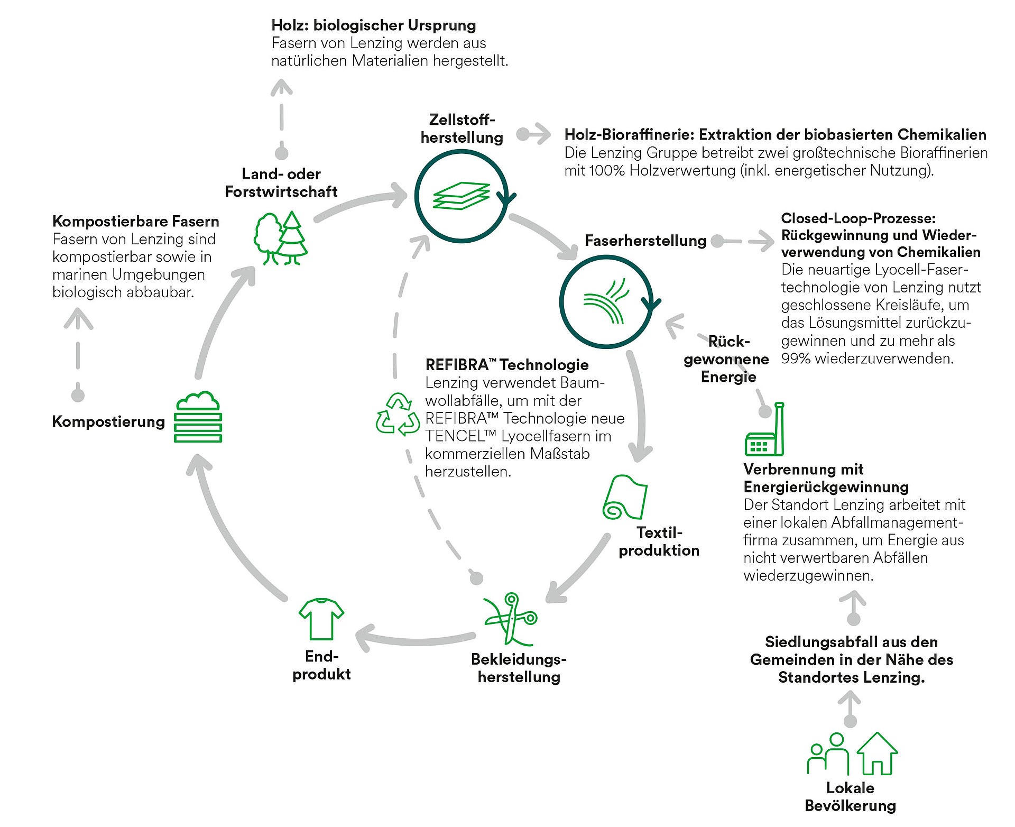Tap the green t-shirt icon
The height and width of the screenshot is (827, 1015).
[x=321, y=619]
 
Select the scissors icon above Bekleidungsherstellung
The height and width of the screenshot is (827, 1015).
[x=510, y=619]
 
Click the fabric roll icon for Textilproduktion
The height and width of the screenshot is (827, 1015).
[x=625, y=497]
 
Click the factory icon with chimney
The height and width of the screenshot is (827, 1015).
[x=764, y=430]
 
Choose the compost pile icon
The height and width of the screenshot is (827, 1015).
[x=198, y=418]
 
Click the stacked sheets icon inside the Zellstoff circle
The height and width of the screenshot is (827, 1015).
[x=461, y=196]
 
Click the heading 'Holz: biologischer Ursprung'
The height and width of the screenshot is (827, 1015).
[x=373, y=25]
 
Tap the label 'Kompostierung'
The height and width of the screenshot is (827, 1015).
[x=108, y=421]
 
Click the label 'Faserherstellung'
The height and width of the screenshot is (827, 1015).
[x=645, y=241]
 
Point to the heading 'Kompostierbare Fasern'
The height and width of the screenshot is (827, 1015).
[x=135, y=221]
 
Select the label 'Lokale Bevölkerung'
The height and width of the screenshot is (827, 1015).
[x=850, y=796]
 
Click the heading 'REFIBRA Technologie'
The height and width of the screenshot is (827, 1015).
[x=506, y=365]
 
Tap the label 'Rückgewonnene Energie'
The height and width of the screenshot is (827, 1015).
[x=726, y=359]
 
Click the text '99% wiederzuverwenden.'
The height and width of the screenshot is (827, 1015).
[x=867, y=359]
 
